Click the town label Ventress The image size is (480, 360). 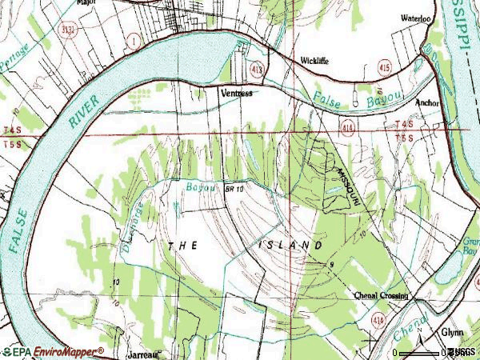(x=237, y=93)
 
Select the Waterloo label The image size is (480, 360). (x=415, y=18)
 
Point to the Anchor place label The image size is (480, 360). (x=428, y=103)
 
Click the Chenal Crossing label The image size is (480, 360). (x=381, y=295)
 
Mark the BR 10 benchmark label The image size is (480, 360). (x=234, y=187)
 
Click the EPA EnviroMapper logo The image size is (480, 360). (x=53, y=351)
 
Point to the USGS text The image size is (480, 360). (x=462, y=352)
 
